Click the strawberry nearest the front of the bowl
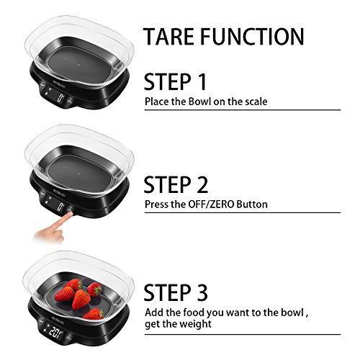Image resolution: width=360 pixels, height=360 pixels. click(x=92, y=314)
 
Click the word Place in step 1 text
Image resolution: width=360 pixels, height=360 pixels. click(x=156, y=102)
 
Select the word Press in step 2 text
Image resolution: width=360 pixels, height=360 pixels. click(x=157, y=204)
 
